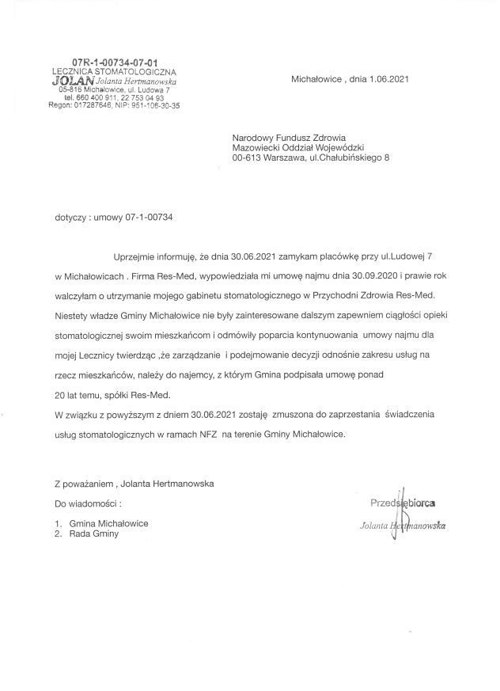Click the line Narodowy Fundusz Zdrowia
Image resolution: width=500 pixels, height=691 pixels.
click(x=283, y=136)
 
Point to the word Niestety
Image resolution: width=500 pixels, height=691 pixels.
click(x=71, y=313)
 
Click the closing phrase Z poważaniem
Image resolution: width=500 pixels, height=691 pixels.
click(x=82, y=482)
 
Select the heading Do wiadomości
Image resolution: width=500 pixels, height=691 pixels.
click(x=88, y=503)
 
